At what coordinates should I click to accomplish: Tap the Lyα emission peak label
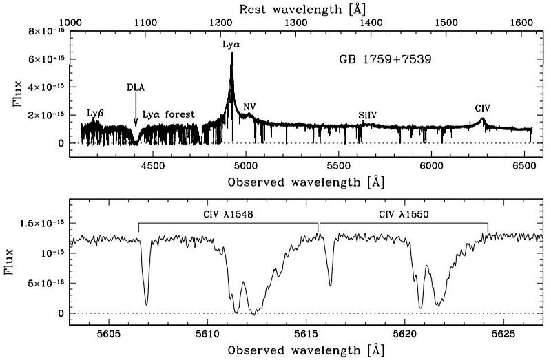231,44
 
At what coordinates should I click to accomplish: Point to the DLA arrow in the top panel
136,110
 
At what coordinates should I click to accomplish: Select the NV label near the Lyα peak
249,107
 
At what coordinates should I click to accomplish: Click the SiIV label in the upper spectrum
368,115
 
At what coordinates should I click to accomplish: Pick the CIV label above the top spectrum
483,108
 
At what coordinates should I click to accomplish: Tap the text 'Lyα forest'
169,114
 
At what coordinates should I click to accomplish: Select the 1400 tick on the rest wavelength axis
371,22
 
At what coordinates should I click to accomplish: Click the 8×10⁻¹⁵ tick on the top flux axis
46,32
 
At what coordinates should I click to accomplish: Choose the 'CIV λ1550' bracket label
404,215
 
